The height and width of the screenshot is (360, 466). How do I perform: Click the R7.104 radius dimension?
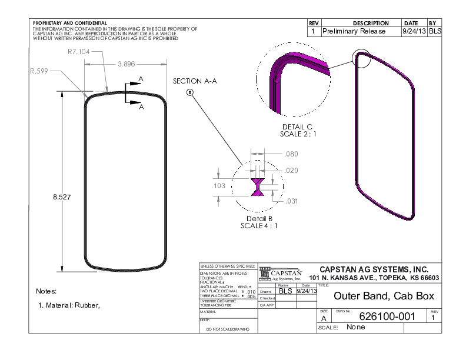coord(79,52)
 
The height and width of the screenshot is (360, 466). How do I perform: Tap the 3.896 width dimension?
coord(127,64)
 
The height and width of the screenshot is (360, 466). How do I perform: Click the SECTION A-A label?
coord(195,81)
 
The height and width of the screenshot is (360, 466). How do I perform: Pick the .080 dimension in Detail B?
coord(291,154)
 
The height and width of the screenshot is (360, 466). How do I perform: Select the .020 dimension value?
coord(291,170)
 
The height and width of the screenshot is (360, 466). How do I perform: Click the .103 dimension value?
coord(219,186)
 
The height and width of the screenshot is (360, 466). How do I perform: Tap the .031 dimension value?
coord(291,202)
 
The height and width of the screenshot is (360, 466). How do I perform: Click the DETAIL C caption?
coord(297,126)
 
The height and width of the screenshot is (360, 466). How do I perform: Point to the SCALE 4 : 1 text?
coord(259,225)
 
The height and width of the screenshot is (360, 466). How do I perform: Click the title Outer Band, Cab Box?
coord(383,296)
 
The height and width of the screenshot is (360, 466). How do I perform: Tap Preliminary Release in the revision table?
coord(354,31)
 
